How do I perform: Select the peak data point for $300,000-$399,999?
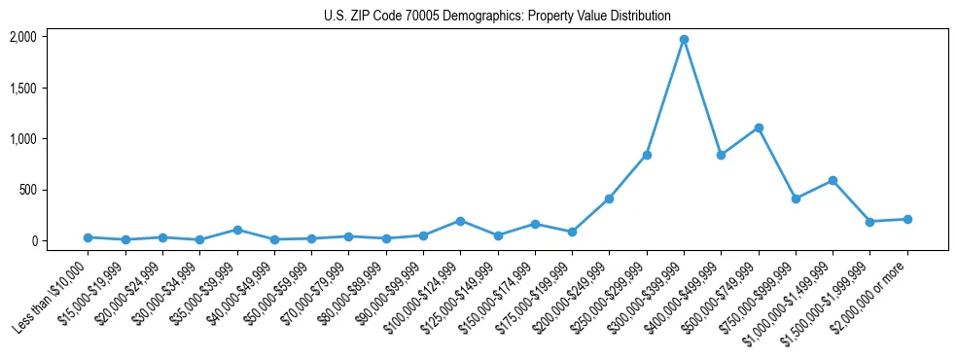coord(684,39)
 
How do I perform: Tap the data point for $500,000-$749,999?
coord(759,127)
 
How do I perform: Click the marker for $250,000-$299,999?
coord(647,155)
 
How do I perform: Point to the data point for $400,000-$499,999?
coord(721,155)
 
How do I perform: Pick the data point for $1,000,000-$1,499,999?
coord(833,180)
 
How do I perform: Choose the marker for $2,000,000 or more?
coord(907,219)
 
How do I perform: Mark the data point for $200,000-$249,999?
coord(609,198)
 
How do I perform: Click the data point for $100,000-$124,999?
coord(460,221)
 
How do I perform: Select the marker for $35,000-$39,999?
coord(237,230)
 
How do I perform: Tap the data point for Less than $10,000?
coord(88,237)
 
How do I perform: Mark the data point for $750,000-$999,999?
coord(796,198)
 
